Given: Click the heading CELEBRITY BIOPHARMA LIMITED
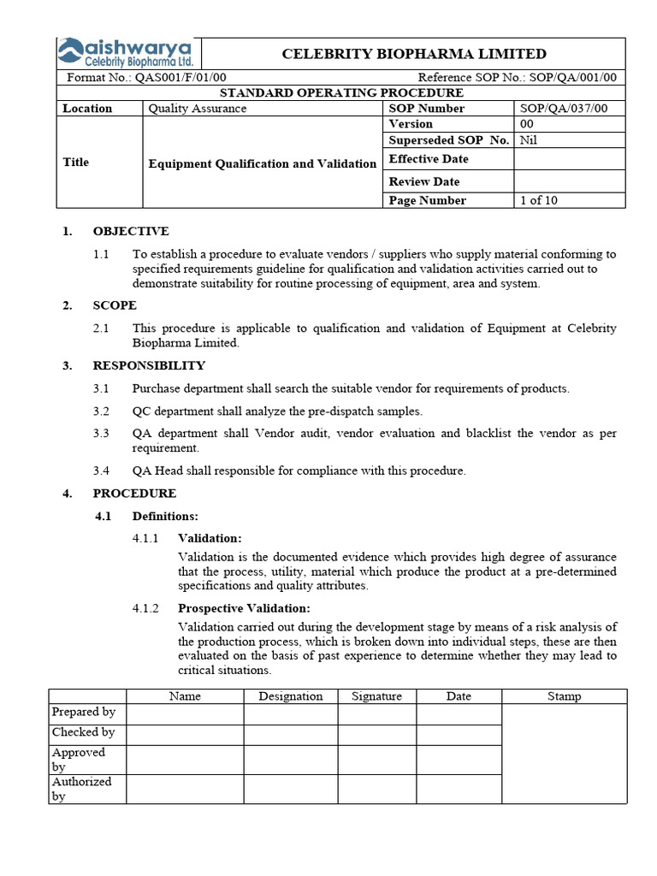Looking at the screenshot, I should coord(414,54).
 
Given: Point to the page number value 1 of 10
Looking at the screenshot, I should coord(538,200).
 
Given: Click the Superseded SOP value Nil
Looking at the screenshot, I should coord(529,139).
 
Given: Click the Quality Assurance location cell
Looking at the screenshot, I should coord(198,109).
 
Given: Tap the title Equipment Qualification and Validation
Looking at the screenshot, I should coord(263,163).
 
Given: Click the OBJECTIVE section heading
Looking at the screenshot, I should coord(131,231).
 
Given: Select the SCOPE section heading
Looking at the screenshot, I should coord(115,305).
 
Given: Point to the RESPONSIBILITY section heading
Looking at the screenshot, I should coord(149,365).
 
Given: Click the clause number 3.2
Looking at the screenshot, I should coord(102,411).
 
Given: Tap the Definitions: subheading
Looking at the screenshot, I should coord(165,516).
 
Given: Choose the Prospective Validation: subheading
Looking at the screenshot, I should coord(244,608).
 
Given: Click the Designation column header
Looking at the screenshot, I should coord(291,696).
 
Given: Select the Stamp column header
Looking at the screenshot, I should coord(564,696).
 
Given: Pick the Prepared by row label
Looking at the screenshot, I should coord(84,712).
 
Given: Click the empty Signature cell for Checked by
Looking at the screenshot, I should coord(377,733).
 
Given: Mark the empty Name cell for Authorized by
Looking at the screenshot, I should coord(185,789).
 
